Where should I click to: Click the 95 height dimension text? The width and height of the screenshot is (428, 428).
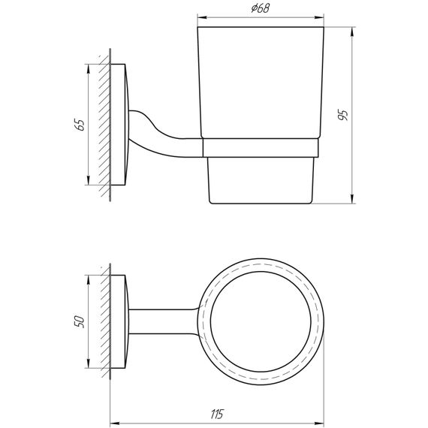pos(344,115)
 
